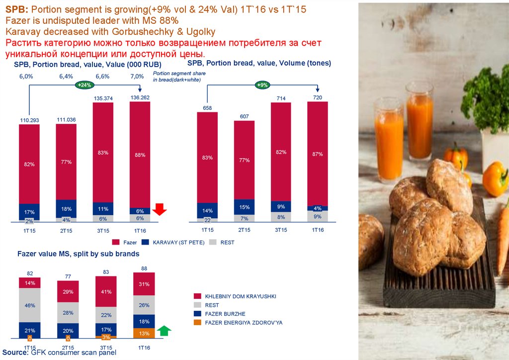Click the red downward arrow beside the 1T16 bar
[159, 210]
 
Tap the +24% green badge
[85, 85]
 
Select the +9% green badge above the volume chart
[262, 85]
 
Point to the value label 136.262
[140, 97]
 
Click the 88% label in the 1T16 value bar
[140, 155]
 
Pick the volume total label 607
[244, 116]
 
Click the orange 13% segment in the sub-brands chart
[144, 334]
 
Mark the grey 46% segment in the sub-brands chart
[29, 305]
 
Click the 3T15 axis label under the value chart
[103, 230]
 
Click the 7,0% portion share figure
[137, 77]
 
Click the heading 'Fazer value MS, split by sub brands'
[78, 254]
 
